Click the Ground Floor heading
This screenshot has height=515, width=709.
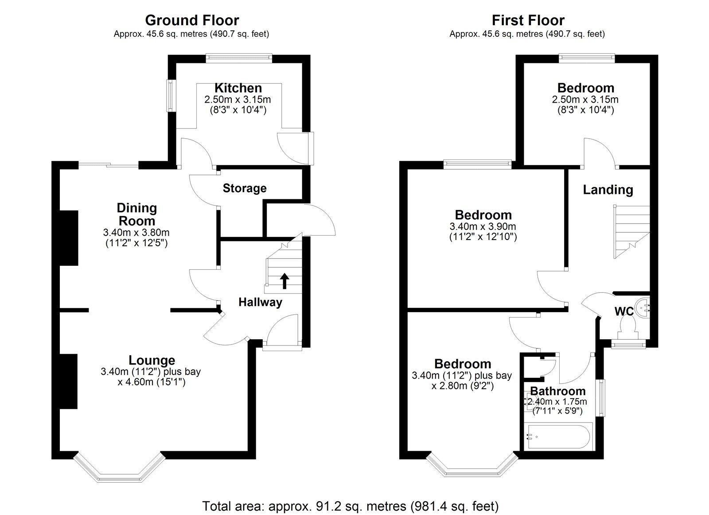tap(192, 20)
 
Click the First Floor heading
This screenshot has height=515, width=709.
tap(528, 20)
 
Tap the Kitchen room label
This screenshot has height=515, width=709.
tap(238, 88)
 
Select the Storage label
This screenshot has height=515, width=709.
tap(244, 188)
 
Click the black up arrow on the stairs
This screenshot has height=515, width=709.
tap(284, 281)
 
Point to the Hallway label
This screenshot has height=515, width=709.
tap(260, 302)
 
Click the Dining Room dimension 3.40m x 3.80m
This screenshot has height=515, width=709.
tap(136, 232)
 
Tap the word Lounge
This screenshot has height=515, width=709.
tap(152, 360)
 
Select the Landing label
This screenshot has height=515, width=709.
tap(608, 190)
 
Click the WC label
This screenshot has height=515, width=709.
tap(623, 311)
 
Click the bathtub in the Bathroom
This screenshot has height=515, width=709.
tap(557, 437)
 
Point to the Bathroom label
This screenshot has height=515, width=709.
tap(557, 391)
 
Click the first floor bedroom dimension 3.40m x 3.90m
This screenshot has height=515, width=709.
tap(483, 226)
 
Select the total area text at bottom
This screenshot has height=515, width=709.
tap(350, 506)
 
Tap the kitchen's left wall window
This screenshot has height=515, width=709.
tap(169, 96)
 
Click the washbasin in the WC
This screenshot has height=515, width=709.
tap(643, 306)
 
